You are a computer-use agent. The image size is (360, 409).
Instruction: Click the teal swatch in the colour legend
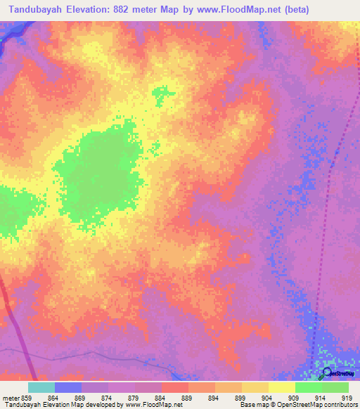point(41,387)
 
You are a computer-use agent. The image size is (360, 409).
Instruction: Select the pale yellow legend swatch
point(281,387)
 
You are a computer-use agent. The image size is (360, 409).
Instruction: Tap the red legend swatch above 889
point(175,387)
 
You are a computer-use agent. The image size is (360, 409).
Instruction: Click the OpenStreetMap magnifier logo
point(326,372)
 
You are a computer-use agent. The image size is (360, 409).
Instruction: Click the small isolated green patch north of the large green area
point(160,95)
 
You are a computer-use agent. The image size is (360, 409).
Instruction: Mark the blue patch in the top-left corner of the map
point(8,35)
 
